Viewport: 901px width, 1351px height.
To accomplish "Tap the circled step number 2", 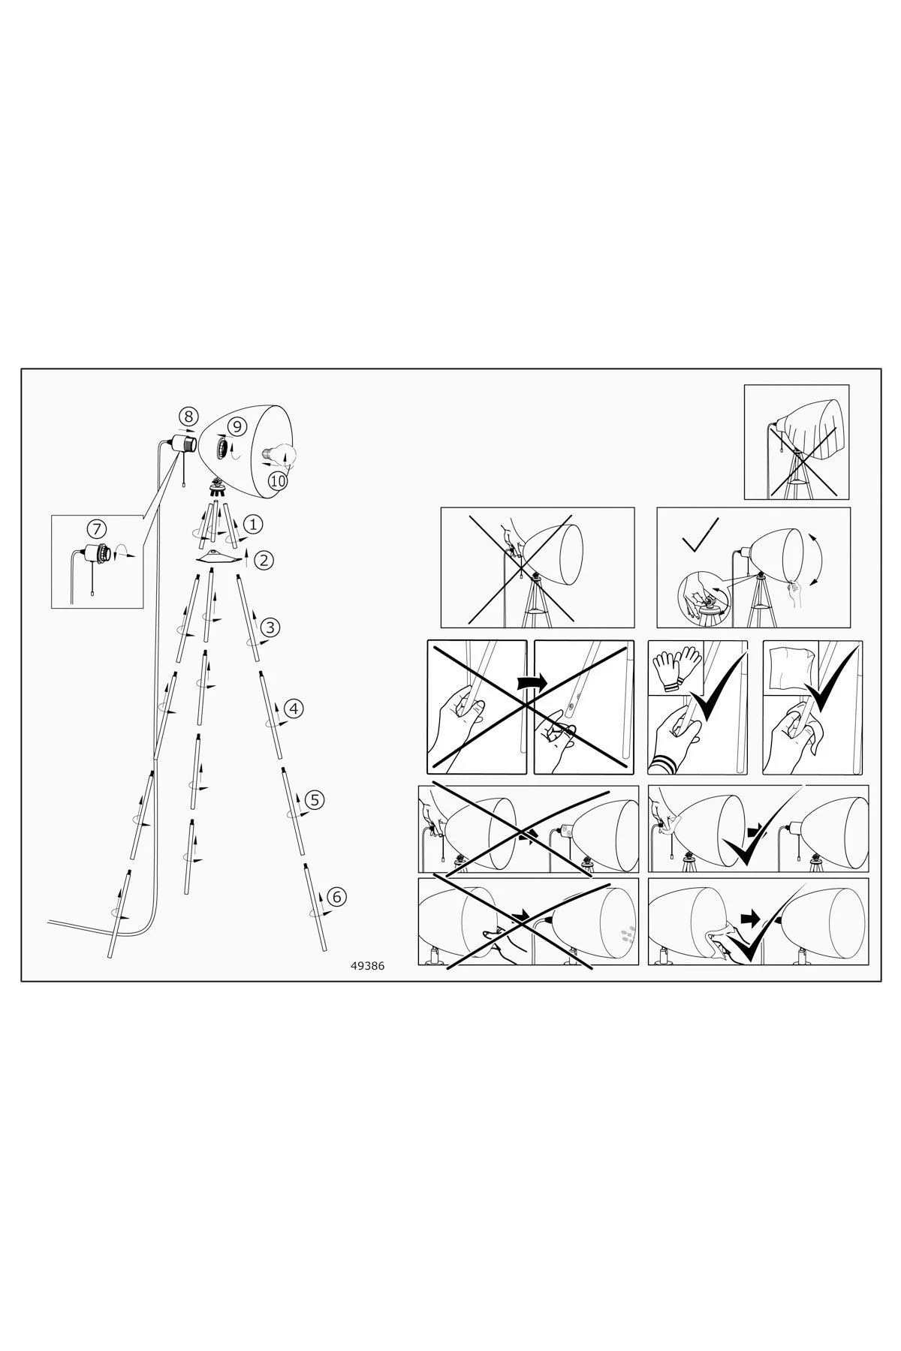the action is (x=263, y=559).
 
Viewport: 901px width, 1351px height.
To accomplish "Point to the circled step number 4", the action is (x=294, y=708).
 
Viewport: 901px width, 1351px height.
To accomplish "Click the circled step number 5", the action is (x=315, y=799).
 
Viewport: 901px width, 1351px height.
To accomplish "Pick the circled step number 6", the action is (x=336, y=896).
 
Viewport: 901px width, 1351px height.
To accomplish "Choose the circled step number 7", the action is (x=98, y=528).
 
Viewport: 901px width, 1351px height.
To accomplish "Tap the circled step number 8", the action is (x=188, y=417).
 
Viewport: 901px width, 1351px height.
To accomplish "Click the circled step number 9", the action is (x=237, y=426).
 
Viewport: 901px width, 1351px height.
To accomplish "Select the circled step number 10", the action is (x=278, y=480).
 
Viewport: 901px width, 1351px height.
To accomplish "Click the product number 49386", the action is (x=367, y=967).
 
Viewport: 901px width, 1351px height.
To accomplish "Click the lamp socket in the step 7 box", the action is (x=97, y=553).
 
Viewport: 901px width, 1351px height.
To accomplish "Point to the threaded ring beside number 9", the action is (x=222, y=448).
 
